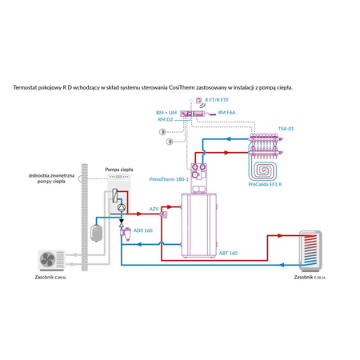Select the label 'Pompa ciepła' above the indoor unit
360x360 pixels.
pyautogui.click(x=118, y=170)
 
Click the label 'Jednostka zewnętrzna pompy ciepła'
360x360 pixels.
pyautogui.click(x=52, y=178)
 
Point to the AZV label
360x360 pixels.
pyautogui.click(x=154, y=209)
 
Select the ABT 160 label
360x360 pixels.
pyautogui.click(x=228, y=253)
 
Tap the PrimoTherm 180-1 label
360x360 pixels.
pyautogui.click(x=166, y=180)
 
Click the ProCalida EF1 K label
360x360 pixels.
pyautogui.click(x=265, y=184)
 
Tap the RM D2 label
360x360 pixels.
pyautogui.click(x=164, y=120)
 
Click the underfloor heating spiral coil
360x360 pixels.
pyautogui.click(x=263, y=162)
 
